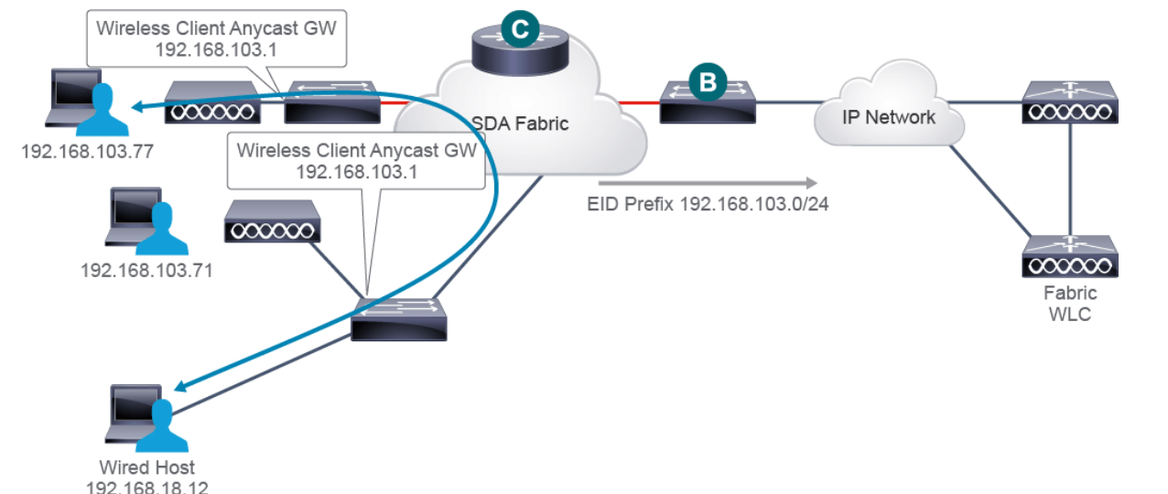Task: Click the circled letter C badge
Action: [x=519, y=29]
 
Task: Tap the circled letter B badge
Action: [x=707, y=82]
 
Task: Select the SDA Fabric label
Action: [x=520, y=123]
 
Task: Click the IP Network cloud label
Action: [x=889, y=117]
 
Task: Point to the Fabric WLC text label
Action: [x=1070, y=304]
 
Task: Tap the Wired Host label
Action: [x=146, y=467]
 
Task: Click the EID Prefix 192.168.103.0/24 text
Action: [x=707, y=201]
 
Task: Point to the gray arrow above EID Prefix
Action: [x=723, y=181]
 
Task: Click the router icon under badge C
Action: [x=519, y=55]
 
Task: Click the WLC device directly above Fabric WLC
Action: [x=1069, y=257]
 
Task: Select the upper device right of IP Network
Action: [x=1069, y=102]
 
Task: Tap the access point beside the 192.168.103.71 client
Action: [x=273, y=220]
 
